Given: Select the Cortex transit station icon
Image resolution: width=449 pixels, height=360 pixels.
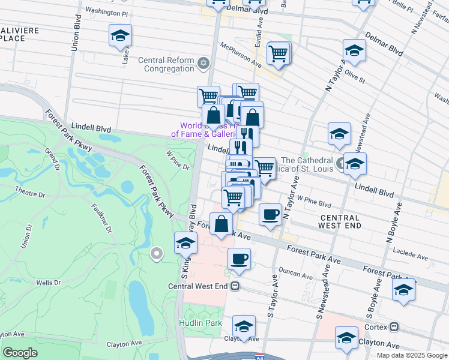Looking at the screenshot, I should tap(394, 327).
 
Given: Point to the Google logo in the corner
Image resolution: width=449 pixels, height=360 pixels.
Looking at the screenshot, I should tap(20, 353).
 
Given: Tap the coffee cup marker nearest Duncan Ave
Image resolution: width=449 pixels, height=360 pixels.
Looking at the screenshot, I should tap(240, 259).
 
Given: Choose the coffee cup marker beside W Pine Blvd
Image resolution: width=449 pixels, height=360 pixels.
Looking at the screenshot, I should tap(271, 214).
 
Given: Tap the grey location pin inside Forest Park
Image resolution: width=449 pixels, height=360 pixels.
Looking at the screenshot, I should tap(157, 254).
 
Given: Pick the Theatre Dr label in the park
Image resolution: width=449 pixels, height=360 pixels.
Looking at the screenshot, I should tap(31, 194).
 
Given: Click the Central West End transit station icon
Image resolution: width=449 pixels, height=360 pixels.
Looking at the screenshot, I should tap(235, 286).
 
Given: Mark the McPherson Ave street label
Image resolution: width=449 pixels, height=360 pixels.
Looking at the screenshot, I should tap(241, 55).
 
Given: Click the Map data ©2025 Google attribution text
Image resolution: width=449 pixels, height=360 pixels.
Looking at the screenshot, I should tap(411, 355).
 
